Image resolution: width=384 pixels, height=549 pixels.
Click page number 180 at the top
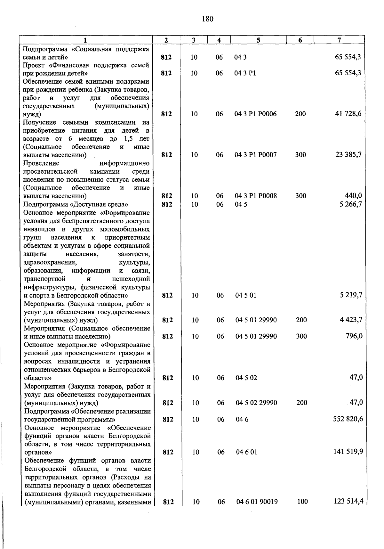208,19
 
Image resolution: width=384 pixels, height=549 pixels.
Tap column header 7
339,40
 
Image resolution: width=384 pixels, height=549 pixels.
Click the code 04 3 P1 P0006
256,114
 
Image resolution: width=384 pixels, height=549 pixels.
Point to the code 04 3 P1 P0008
256,196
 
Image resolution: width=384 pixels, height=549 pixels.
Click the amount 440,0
353,195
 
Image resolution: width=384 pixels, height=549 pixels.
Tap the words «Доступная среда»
99,204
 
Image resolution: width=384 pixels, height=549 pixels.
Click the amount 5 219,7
351,295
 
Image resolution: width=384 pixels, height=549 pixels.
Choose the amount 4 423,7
351,319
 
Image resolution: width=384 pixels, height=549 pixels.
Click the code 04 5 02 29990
256,403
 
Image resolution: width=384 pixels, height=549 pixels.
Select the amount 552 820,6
348,419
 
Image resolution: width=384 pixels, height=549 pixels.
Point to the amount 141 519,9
348,452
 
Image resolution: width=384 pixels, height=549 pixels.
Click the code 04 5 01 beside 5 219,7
246,295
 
